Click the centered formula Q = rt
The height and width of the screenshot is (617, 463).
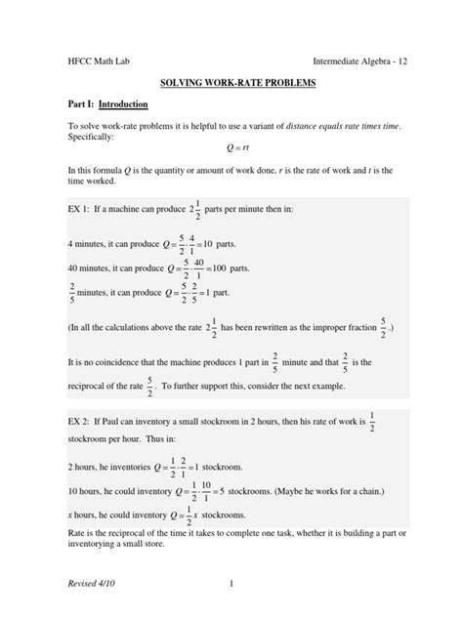coord(231,148)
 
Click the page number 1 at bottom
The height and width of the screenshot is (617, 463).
coord(231,583)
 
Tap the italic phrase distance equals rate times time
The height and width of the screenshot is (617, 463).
coord(336,126)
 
